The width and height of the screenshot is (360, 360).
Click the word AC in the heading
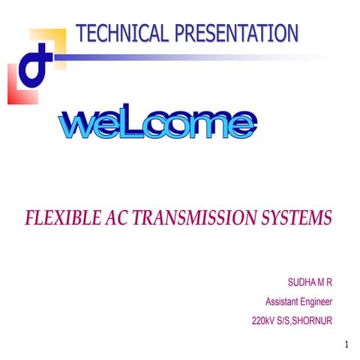[x=114, y=218]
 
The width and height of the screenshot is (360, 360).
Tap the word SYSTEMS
[x=294, y=218]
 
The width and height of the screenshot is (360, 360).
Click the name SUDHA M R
[x=310, y=283]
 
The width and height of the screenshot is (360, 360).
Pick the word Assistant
[x=284, y=302]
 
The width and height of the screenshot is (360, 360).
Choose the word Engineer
[x=319, y=302]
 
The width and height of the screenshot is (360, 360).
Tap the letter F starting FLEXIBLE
[x=30, y=218]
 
